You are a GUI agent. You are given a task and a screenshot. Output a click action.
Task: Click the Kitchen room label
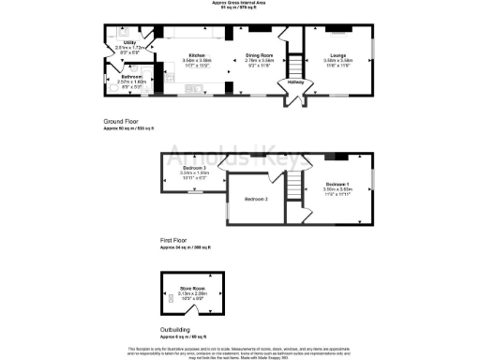coord(198,55)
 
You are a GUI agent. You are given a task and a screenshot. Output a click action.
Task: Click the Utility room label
coord(130,42)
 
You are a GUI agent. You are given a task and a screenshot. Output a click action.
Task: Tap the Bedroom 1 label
coord(337,184)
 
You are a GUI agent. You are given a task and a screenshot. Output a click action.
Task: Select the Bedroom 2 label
coord(257,200)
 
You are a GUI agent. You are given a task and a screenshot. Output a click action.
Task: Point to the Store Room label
coord(191,290)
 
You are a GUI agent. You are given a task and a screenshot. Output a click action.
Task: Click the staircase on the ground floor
coord(295,67)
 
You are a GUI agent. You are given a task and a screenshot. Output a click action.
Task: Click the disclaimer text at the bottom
coord(240,351)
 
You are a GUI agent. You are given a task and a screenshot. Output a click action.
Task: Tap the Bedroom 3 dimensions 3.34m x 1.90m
coord(194,173)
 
